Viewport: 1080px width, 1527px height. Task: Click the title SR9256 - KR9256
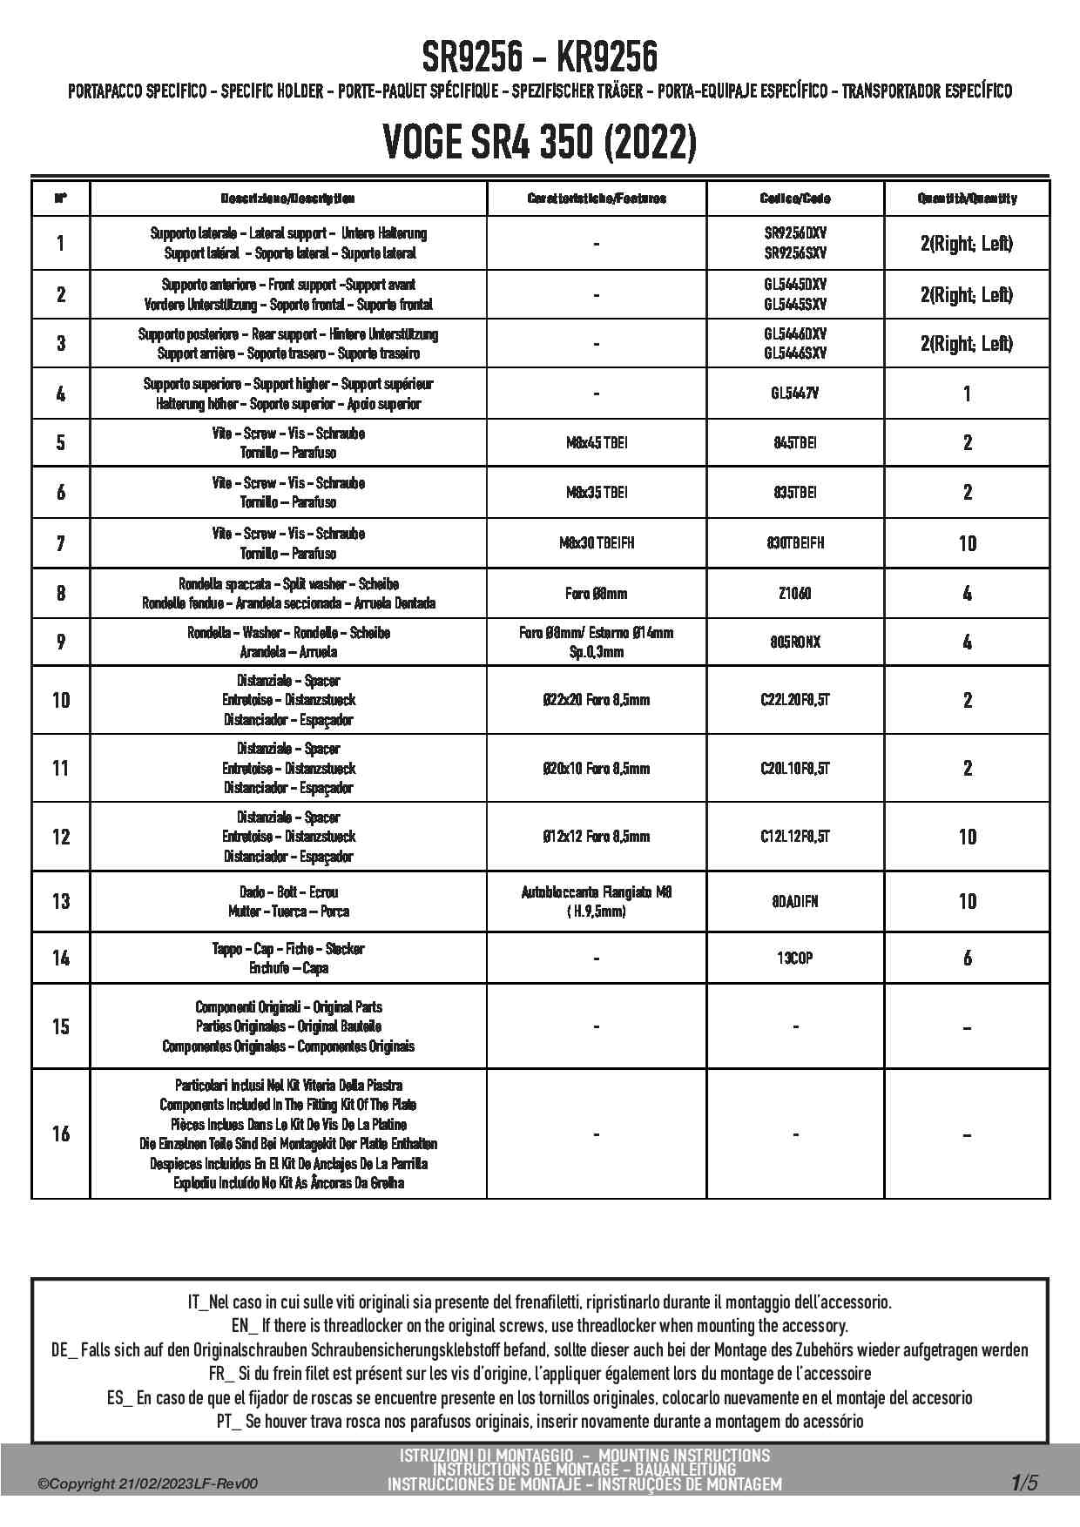coord(540,57)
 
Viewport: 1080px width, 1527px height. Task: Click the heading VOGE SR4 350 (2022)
coord(540,142)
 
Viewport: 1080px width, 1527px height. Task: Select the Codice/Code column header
coord(795,198)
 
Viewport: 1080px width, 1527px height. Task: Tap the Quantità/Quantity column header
coord(967,198)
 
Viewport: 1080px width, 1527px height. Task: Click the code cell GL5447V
coord(795,394)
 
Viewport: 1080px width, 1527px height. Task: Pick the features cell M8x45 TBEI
coord(597,443)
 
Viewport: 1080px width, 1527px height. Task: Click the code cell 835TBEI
coord(795,493)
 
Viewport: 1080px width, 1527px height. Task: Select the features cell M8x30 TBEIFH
coord(597,543)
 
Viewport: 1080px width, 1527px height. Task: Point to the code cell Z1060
coord(795,594)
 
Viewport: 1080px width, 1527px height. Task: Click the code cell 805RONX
coord(795,642)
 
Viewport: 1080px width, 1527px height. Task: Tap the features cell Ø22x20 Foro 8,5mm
coord(597,700)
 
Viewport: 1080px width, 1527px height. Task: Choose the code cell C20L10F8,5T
coord(795,768)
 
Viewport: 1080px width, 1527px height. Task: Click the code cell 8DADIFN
coord(795,902)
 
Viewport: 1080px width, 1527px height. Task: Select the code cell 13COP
coord(795,959)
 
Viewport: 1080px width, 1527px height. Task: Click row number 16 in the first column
coord(61,1133)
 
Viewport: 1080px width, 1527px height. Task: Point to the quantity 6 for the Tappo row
coord(967,959)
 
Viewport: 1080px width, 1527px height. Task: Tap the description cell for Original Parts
coord(288,1026)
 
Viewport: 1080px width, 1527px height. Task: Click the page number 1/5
coord(1024,1483)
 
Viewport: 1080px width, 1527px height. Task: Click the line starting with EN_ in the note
coord(540,1326)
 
